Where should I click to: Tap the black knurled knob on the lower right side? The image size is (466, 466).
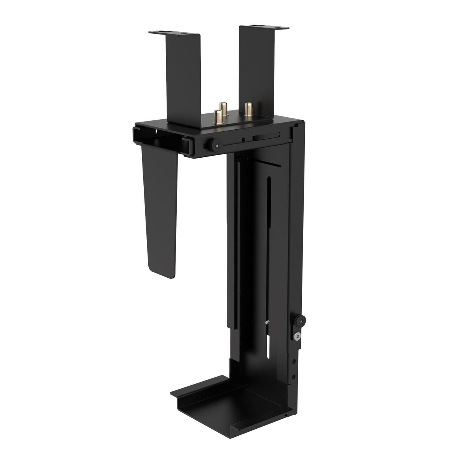[x=301, y=320]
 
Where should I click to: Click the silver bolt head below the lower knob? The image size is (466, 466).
[x=297, y=336]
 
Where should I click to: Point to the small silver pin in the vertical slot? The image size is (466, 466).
[x=269, y=323]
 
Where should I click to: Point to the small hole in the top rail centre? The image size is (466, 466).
[x=243, y=140]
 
